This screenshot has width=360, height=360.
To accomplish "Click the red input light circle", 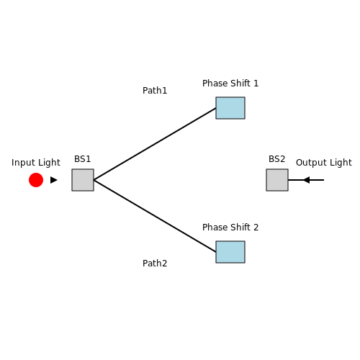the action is [x=36, y=180].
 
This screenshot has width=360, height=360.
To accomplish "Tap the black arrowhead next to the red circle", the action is [x=54, y=180].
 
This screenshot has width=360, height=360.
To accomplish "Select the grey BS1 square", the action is [x=83, y=180].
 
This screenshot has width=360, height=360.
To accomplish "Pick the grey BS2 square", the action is [x=277, y=180].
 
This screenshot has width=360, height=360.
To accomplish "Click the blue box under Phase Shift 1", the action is [x=230, y=108].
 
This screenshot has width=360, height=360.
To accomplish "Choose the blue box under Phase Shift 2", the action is [x=230, y=252].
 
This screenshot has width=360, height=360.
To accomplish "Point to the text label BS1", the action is [x=83, y=159].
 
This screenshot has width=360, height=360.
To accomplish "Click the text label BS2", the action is [x=277, y=159].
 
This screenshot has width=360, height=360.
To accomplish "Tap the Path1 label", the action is [x=155, y=91].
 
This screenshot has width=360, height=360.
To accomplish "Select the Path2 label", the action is [x=155, y=264].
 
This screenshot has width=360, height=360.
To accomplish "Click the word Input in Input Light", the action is [x=24, y=163].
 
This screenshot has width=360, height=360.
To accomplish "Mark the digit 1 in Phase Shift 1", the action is [x=256, y=84].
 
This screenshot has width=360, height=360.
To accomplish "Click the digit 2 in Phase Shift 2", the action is [x=256, y=228].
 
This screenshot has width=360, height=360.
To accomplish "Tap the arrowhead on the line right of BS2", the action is [x=307, y=180].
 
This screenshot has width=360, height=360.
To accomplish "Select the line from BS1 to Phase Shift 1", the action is [x=155, y=144].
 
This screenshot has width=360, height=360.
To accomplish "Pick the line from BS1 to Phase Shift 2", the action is [x=155, y=216].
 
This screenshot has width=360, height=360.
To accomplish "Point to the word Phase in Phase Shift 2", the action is [x=215, y=228].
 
